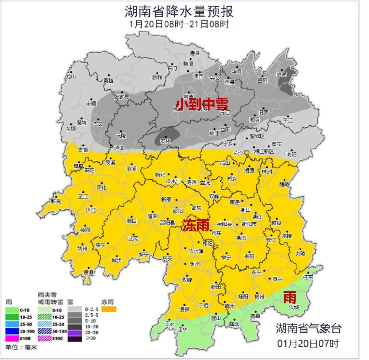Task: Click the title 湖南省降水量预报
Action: coord(179,11)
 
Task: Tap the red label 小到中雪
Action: coord(202,104)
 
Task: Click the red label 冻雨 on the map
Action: coord(195,225)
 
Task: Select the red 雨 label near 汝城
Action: coord(289,298)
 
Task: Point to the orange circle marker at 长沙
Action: coord(246,153)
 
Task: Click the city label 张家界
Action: coord(122,97)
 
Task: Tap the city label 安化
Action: coord(165,140)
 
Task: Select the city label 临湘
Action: coord(282,74)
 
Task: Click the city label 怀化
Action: coord(101,188)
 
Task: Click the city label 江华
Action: coord(182,330)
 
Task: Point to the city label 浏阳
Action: coord(291,154)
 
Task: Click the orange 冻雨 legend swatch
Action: coord(109,309)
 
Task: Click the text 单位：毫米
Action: coord(21,347)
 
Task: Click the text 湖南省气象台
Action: coord(309,329)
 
